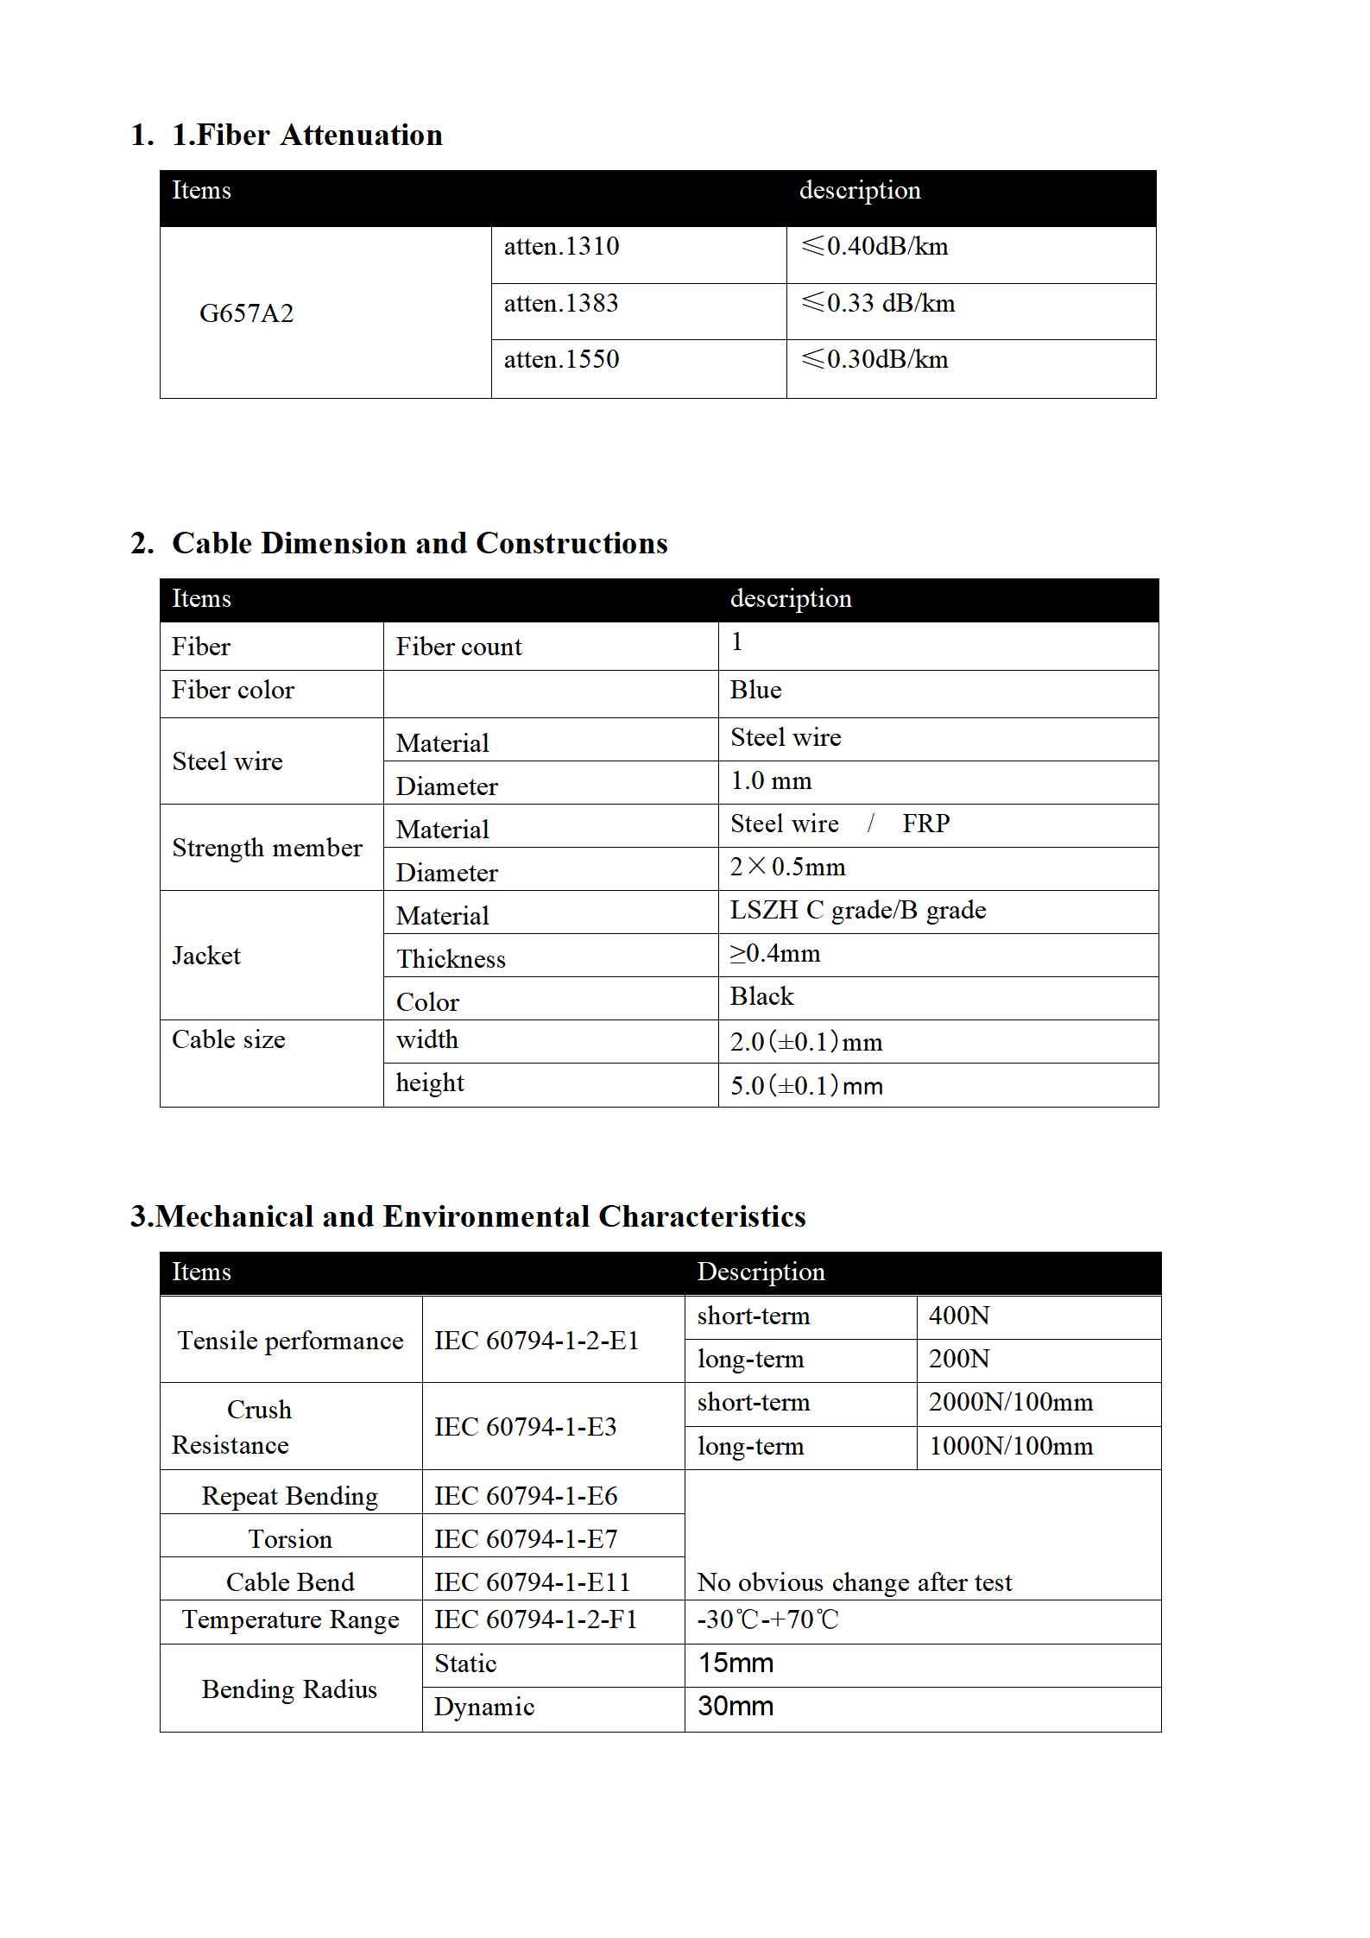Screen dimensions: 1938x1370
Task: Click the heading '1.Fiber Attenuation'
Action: [x=306, y=136]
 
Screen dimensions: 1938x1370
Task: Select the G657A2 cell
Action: [x=246, y=313]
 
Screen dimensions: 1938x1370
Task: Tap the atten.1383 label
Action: [x=561, y=304]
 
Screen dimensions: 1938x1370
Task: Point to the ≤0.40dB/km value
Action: [x=874, y=247]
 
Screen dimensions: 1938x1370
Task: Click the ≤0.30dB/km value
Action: [x=874, y=360]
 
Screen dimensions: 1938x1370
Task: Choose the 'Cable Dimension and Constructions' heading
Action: [x=420, y=544]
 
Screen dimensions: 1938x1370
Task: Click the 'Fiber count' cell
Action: [x=458, y=647]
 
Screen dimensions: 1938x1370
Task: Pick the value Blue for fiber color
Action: [x=755, y=691]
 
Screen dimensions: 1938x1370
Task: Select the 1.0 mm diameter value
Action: [x=771, y=781]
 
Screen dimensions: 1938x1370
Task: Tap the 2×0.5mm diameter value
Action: [x=787, y=868]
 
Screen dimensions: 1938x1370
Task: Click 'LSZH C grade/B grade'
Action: [x=857, y=911]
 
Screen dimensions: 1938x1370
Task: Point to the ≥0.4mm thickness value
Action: [x=775, y=954]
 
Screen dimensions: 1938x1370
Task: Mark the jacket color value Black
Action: [x=761, y=997]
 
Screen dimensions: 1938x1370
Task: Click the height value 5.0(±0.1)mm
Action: [x=806, y=1086]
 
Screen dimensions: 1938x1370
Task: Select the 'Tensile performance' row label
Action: [x=290, y=1341]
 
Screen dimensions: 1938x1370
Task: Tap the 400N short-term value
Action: [x=959, y=1316]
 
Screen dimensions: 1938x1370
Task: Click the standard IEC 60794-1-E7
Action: [x=526, y=1539]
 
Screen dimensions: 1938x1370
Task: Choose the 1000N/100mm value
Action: [x=1011, y=1447]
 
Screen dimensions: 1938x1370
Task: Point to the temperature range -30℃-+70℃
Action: [x=767, y=1619]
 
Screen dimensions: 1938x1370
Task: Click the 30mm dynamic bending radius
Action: [x=736, y=1707]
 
